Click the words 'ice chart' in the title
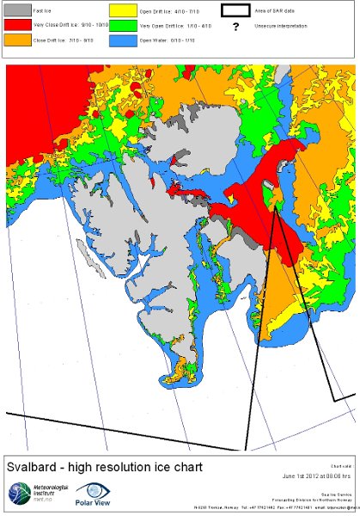point(176,468)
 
